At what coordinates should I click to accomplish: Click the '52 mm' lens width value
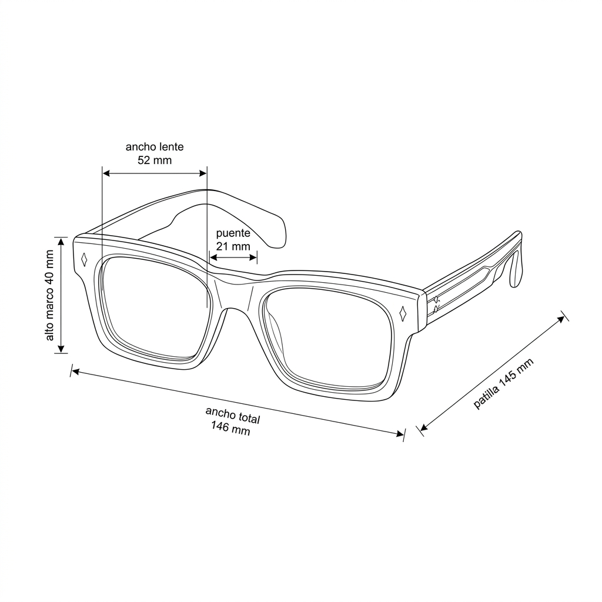[155, 160]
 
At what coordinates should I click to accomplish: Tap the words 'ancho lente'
[155, 146]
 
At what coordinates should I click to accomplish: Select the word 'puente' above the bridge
[233, 233]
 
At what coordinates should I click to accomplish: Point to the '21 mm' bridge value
[233, 246]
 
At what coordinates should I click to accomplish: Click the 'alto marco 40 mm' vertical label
[50, 295]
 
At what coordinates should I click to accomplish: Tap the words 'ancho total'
[233, 415]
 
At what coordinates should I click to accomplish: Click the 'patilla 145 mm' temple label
[503, 383]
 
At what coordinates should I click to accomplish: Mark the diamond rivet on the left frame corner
[84, 259]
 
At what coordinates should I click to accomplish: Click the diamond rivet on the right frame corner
[403, 313]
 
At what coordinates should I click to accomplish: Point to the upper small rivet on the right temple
[436, 299]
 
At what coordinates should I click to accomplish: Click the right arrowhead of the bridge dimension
[253, 257]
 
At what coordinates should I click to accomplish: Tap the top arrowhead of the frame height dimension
[61, 242]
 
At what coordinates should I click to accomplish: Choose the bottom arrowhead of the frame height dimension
[61, 349]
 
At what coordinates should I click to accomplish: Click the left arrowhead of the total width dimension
[76, 372]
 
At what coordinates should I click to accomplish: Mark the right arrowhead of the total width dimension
[399, 434]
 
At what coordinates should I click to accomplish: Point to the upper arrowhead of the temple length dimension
[561, 319]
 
